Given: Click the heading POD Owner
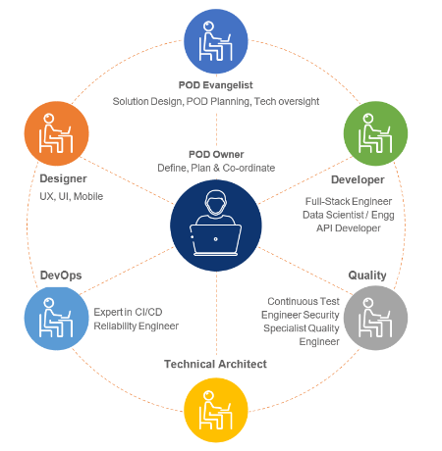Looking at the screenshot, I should click(216, 154).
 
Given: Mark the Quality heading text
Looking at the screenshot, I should click(367, 276).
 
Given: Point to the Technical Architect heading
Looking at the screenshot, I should click(215, 364).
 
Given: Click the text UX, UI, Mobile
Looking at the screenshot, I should click(64, 196).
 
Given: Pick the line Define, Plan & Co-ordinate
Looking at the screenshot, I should click(216, 168).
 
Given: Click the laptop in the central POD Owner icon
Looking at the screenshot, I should click(215, 238).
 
